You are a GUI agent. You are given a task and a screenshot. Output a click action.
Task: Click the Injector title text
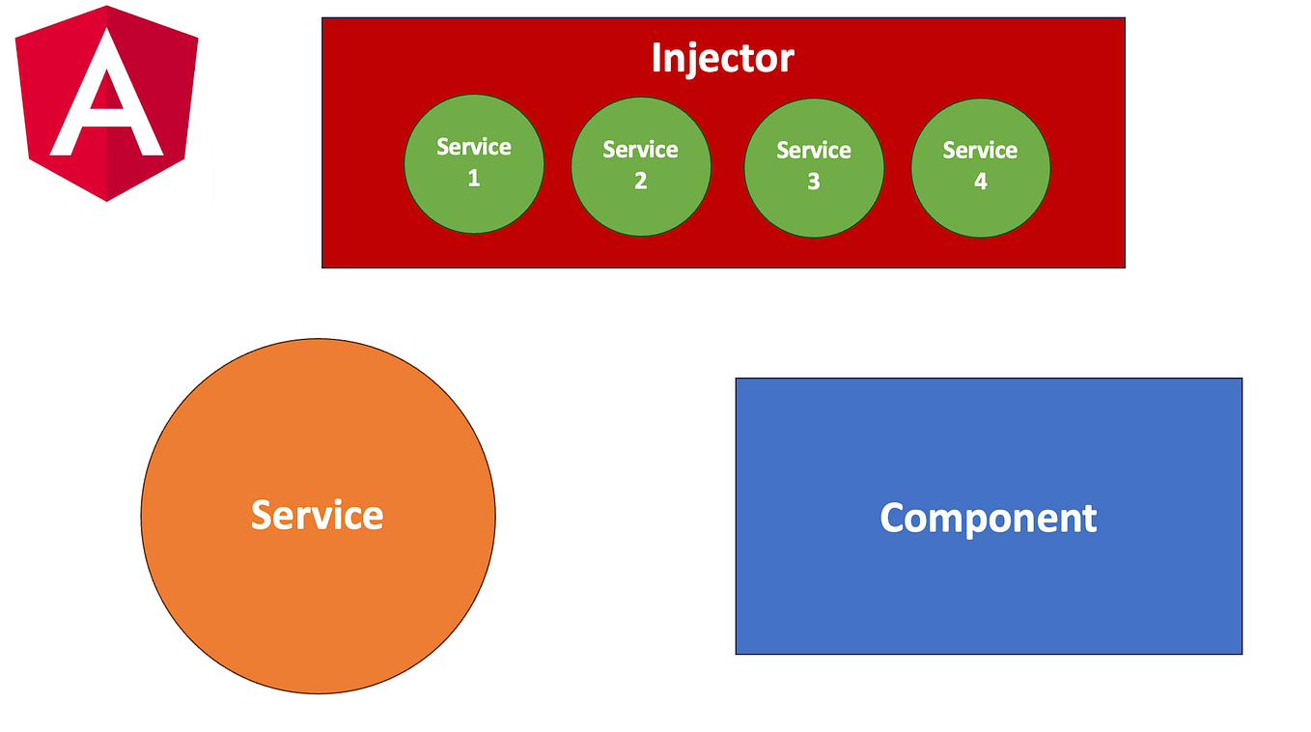click(x=722, y=58)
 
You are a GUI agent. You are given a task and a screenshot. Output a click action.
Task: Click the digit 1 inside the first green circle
click(x=473, y=179)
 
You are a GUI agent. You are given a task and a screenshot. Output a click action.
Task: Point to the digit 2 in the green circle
click(x=641, y=182)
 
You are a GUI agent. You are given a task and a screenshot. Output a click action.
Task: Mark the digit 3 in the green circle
click(x=814, y=182)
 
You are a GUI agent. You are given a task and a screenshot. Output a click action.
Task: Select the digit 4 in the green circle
click(x=980, y=182)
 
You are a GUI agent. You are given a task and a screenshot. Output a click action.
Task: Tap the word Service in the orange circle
click(x=318, y=515)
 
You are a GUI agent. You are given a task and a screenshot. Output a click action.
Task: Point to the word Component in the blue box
click(x=989, y=519)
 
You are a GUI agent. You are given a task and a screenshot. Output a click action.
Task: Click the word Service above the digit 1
click(x=473, y=147)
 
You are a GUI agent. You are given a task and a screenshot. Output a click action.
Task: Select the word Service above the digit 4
click(x=980, y=150)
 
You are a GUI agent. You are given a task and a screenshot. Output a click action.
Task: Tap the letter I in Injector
click(x=657, y=58)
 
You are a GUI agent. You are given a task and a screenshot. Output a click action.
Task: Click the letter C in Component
click(x=895, y=519)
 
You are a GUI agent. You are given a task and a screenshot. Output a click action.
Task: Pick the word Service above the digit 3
click(x=814, y=150)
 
